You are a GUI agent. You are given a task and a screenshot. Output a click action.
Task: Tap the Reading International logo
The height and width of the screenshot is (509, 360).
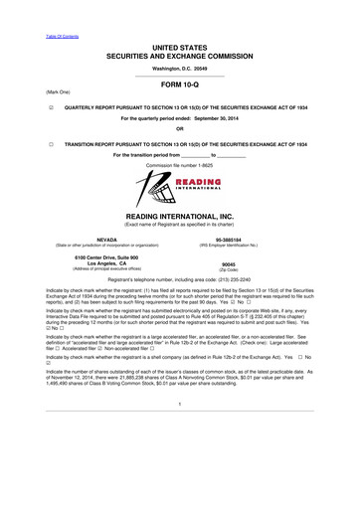(179, 186)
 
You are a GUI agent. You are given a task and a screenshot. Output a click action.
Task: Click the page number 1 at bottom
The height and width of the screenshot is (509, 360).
(179, 458)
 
